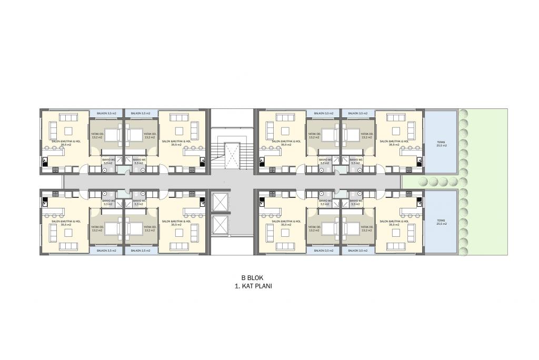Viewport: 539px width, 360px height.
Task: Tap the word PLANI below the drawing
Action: pos(264,287)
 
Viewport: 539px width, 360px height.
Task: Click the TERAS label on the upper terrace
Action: pos(441,142)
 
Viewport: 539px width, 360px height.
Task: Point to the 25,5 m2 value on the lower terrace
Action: pos(441,224)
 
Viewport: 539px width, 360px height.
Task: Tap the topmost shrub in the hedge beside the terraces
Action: pos(464,113)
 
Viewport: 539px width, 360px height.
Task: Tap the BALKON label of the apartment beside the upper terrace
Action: pos(357,113)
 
